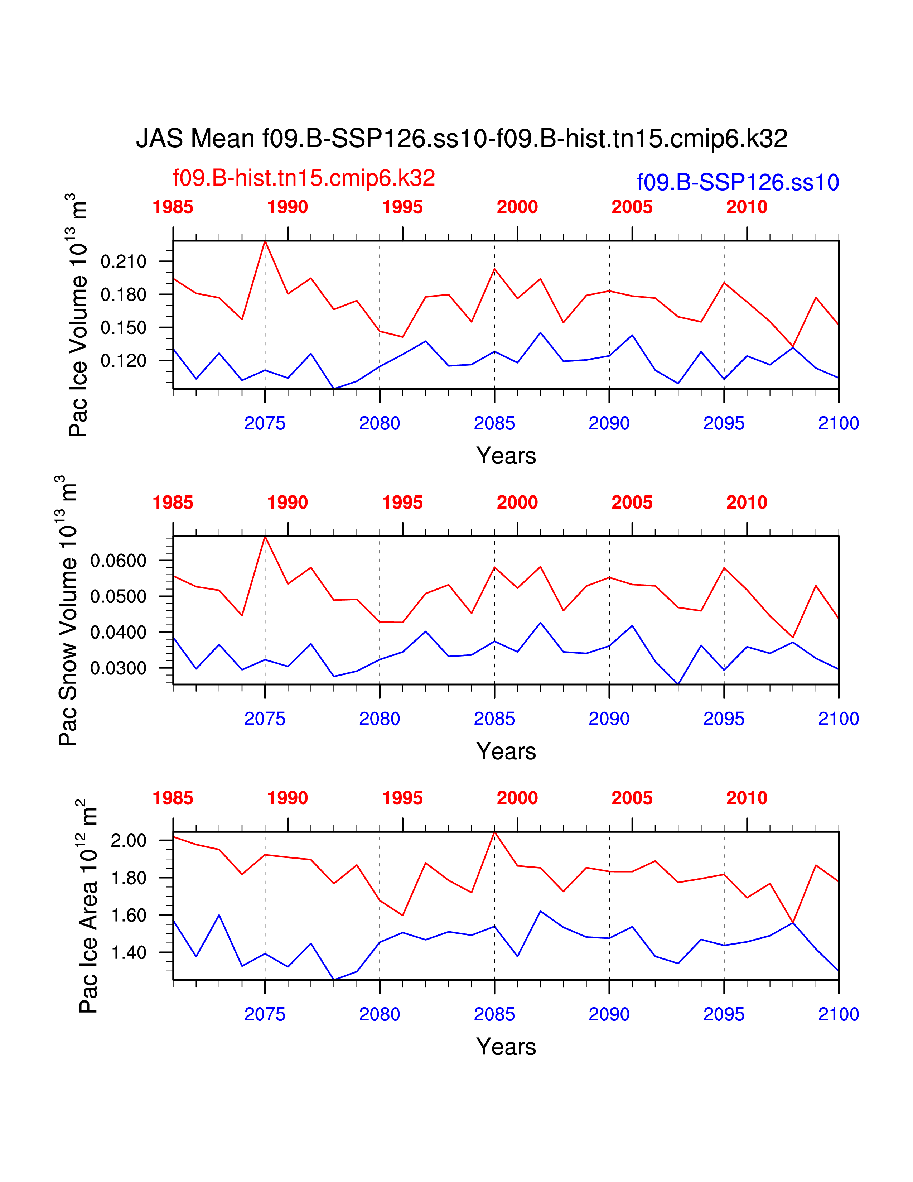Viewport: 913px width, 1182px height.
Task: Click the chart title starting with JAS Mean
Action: pyautogui.click(x=462, y=139)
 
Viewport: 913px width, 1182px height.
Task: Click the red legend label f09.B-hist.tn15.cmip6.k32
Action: pyautogui.click(x=304, y=178)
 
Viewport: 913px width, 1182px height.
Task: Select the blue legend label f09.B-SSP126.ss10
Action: pyautogui.click(x=738, y=182)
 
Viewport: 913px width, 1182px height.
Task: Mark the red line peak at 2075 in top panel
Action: pyautogui.click(x=265, y=241)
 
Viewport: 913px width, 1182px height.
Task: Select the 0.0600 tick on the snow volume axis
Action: pyautogui.click(x=119, y=561)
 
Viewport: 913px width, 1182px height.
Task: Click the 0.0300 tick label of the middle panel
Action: pyautogui.click(x=119, y=668)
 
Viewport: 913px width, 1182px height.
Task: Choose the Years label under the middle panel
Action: pyautogui.click(x=506, y=751)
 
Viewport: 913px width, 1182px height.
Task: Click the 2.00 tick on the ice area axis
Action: pyautogui.click(x=129, y=841)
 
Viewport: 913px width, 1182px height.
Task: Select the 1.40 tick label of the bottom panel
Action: pyautogui.click(x=129, y=952)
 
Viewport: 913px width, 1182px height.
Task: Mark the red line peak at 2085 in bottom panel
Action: pyautogui.click(x=494, y=832)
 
